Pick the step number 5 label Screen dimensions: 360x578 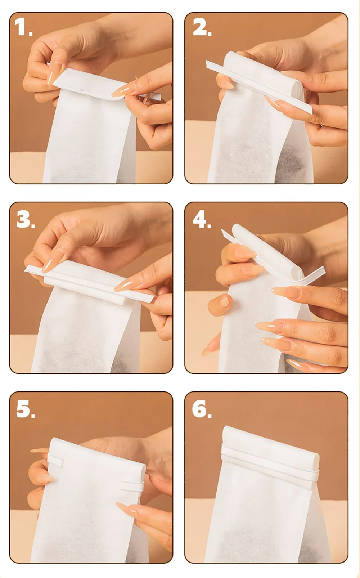25,409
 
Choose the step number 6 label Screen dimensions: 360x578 202,409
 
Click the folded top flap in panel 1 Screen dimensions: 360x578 88,82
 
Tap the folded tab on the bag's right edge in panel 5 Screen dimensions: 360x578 132,487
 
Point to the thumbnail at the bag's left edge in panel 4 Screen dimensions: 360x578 224,301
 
